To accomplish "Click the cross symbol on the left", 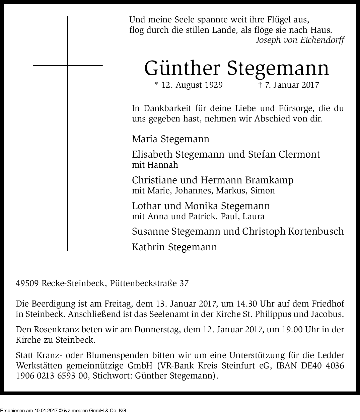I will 68,66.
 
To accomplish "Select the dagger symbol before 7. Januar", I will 260,85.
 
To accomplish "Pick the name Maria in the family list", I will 144,139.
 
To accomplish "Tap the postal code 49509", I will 27,283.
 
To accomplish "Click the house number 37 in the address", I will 184,283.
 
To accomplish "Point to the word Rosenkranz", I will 53,330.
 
